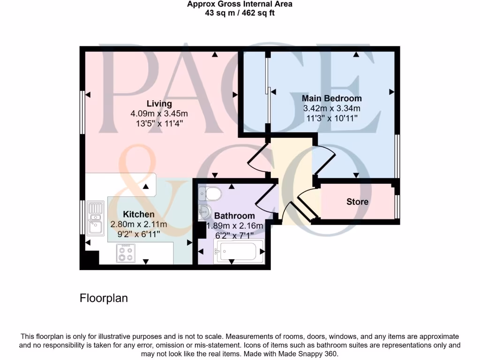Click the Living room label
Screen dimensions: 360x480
pos(159,104)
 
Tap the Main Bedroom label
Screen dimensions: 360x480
pos(331,98)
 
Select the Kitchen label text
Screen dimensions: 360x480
pos(138,214)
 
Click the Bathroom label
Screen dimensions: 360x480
pos(234,216)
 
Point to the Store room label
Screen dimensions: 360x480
pos(357,202)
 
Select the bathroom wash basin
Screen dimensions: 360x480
pos(205,212)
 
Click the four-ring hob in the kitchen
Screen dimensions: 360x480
pos(126,254)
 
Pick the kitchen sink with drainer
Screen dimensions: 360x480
pos(95,218)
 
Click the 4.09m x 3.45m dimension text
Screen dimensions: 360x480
pos(159,113)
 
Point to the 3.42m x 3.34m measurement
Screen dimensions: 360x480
pos(331,108)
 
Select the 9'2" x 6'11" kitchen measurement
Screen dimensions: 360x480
pos(138,233)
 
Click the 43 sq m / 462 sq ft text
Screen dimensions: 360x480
pos(240,13)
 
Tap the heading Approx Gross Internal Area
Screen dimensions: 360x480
pos(240,4)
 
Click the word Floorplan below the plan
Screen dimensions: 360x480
pos(104,298)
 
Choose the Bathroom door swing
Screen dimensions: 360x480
pos(265,199)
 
